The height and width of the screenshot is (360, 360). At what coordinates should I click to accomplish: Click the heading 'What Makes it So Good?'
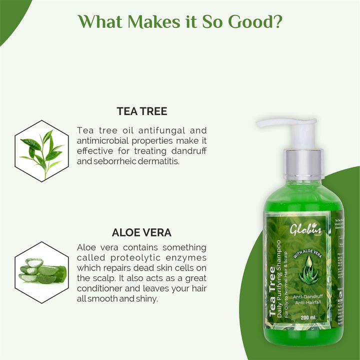(180, 22)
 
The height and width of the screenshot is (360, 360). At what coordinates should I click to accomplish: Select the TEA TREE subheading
(141, 111)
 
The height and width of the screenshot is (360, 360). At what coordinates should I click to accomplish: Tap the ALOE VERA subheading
(141, 232)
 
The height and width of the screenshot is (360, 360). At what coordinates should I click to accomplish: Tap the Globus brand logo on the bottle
(306, 229)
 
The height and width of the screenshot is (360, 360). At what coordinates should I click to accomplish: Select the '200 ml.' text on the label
(310, 317)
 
